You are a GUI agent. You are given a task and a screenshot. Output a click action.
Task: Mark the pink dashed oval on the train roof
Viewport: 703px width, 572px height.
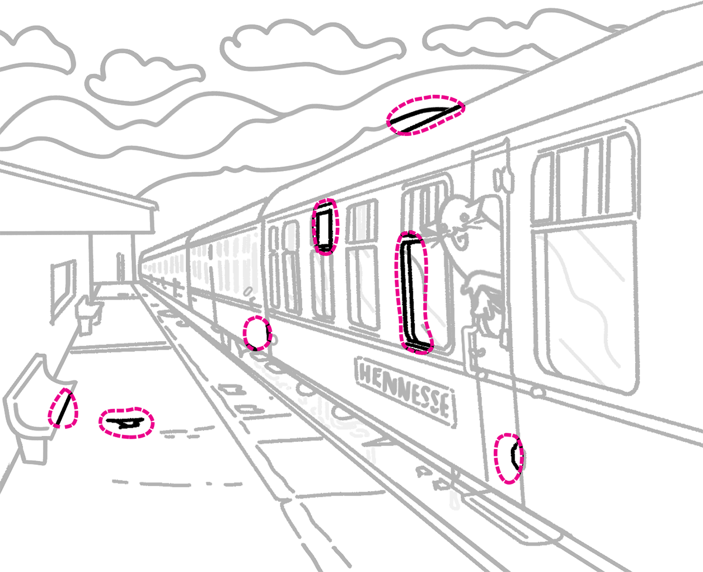pos(426,115)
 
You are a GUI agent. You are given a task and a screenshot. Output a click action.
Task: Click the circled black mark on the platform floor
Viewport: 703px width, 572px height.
pos(127,423)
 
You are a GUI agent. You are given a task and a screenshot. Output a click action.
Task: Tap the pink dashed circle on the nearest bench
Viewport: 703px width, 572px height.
pos(63,408)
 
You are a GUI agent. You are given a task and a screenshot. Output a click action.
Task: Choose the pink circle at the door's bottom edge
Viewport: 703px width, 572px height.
pos(509,459)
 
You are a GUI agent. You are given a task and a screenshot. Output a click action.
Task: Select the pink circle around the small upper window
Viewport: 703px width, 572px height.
pos(325,226)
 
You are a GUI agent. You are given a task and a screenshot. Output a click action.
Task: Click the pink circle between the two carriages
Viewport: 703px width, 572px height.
pos(257,333)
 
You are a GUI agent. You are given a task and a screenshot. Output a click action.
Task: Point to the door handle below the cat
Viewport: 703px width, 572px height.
pos(470,346)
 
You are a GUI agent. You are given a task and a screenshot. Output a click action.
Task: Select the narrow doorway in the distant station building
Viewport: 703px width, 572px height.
pos(120,267)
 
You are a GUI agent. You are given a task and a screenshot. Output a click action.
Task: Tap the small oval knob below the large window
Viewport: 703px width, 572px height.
pos(538,392)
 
